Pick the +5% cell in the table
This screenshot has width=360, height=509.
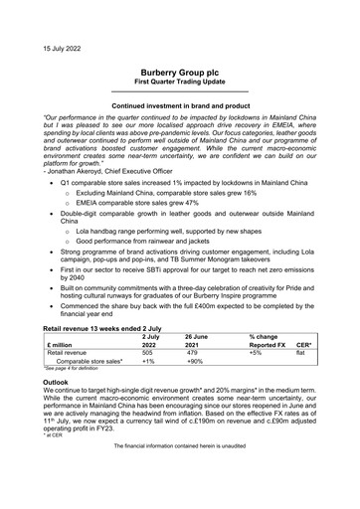tap(256, 351)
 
